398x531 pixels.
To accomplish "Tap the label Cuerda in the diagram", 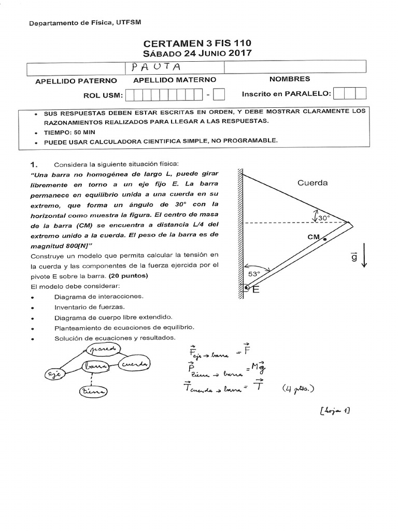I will tap(312, 183).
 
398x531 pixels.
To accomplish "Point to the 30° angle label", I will tap(324, 218).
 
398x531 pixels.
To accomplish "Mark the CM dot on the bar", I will tap(325, 239).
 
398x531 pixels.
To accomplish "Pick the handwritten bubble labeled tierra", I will tap(92, 393).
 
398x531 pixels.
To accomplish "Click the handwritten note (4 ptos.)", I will tap(298, 388).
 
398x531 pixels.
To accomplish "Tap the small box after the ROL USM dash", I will tap(219, 94).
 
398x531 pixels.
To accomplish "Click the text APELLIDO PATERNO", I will tap(76, 81).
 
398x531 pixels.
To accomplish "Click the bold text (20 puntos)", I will tap(128, 275).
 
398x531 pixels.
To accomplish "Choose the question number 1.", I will tap(35, 164).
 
